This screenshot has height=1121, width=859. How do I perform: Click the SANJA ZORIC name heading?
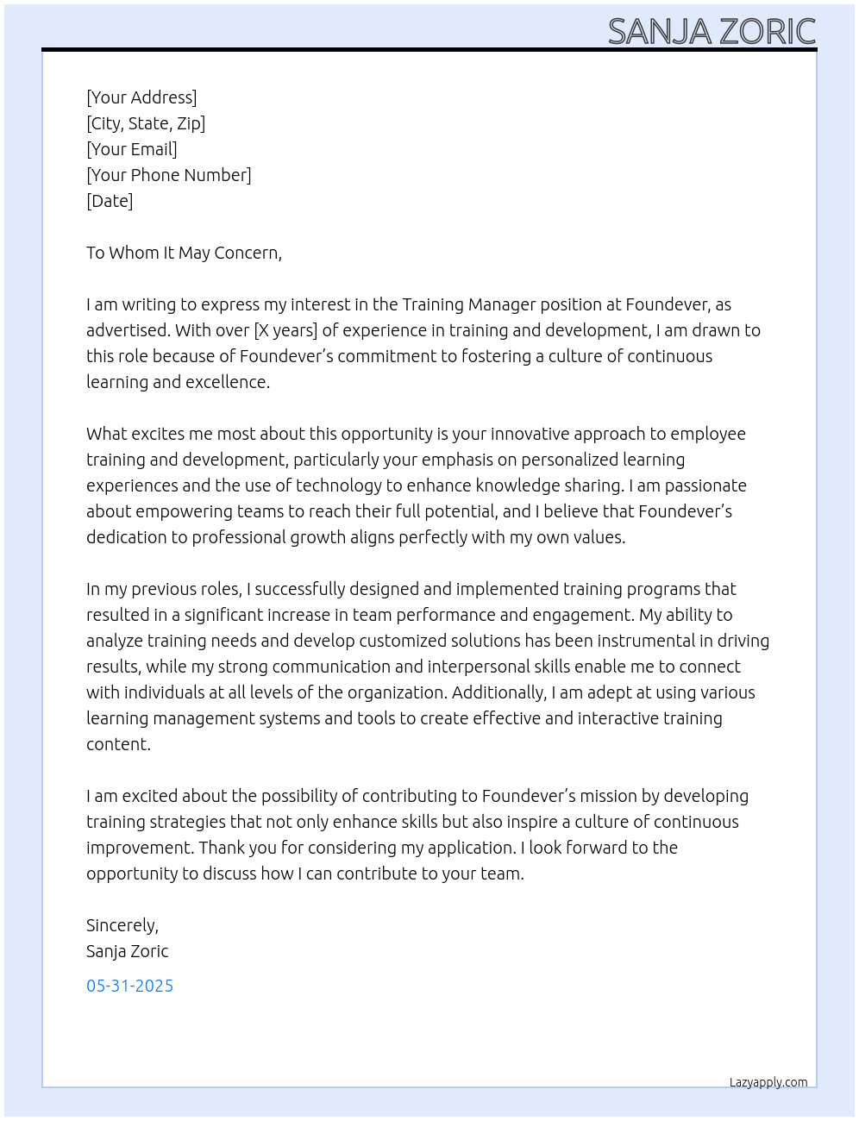(x=712, y=32)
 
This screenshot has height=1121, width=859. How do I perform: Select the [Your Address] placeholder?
(x=141, y=97)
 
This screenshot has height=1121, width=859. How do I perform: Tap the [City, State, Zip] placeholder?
(x=146, y=123)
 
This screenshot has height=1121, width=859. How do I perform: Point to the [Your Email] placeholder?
(x=132, y=149)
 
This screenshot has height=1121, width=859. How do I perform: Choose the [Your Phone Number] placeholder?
(x=169, y=175)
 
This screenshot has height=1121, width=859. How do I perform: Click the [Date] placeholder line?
(x=110, y=201)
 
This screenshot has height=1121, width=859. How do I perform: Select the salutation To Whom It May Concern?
(x=184, y=253)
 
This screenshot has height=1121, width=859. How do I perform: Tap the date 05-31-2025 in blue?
(x=129, y=986)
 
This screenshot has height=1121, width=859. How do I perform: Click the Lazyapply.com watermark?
(x=768, y=1082)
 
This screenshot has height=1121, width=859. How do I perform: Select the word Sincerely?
(x=122, y=925)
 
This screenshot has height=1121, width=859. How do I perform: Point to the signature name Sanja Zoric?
(x=127, y=951)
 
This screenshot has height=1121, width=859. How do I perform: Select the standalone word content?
(x=118, y=744)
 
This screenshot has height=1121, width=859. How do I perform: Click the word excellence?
(x=225, y=382)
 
